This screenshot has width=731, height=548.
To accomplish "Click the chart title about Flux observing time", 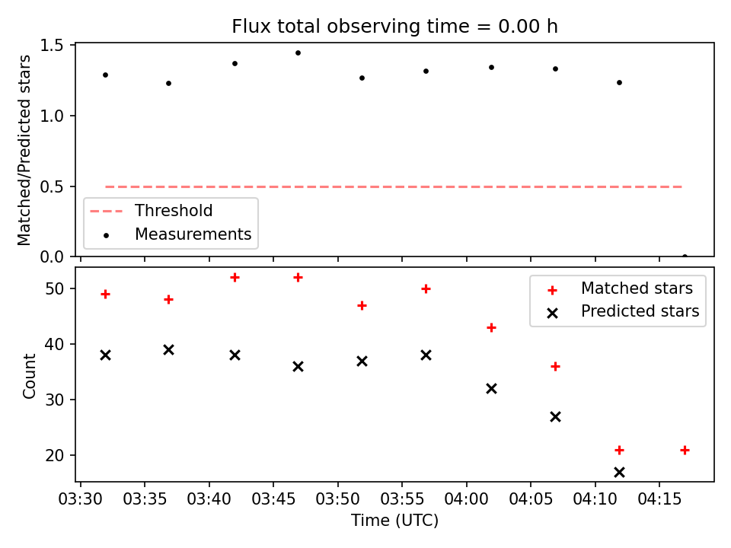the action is pyautogui.click(x=395, y=26).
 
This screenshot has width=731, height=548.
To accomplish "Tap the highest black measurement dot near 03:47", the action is pyautogui.click(x=298, y=53).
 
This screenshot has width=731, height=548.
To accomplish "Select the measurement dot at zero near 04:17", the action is pyautogui.click(x=685, y=256).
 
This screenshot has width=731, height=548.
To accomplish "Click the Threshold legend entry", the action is pyautogui.click(x=151, y=211).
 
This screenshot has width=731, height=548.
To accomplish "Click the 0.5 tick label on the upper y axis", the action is pyautogui.click(x=51, y=187).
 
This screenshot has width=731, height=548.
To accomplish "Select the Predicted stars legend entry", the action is pyautogui.click(x=623, y=311).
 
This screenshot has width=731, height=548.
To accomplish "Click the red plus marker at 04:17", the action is pyautogui.click(x=685, y=450).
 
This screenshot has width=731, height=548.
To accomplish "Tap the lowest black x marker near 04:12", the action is pyautogui.click(x=620, y=473).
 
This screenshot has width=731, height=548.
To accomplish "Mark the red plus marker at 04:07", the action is pyautogui.click(x=555, y=367).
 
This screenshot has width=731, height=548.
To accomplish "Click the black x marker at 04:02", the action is pyautogui.click(x=491, y=389).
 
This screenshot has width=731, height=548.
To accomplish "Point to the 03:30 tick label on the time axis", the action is pyautogui.click(x=80, y=499).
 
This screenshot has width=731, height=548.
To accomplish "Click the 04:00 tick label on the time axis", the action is pyautogui.click(x=466, y=499).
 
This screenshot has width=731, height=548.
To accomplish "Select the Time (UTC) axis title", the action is pyautogui.click(x=395, y=520).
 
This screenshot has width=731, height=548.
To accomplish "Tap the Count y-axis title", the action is pyautogui.click(x=29, y=375).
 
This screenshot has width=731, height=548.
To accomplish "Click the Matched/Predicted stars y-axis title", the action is pyautogui.click(x=24, y=150).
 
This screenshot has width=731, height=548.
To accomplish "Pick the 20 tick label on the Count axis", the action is pyautogui.click(x=55, y=455).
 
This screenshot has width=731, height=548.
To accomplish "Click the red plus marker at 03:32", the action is pyautogui.click(x=105, y=294).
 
